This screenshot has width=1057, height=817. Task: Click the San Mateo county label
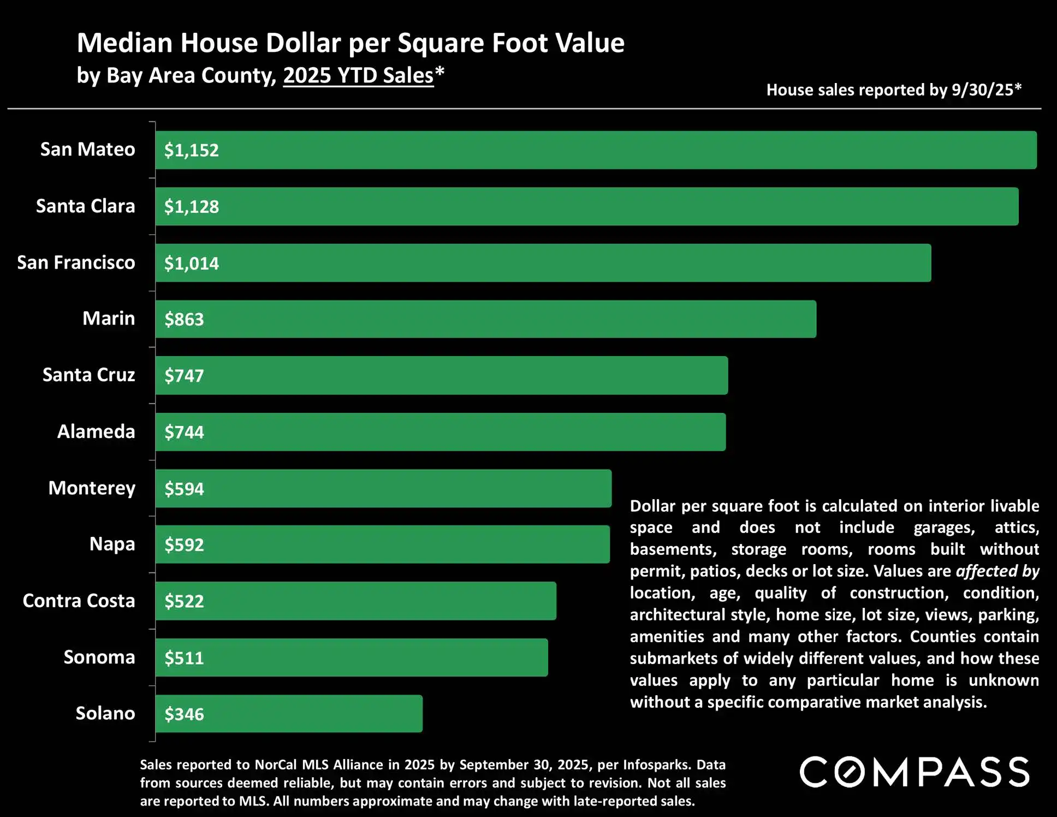pyautogui.click(x=87, y=149)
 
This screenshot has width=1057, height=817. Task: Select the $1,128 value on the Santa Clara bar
pyautogui.click(x=191, y=207)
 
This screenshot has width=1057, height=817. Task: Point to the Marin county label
pyautogui.click(x=108, y=318)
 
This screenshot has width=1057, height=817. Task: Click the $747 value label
pyautogui.click(x=184, y=376)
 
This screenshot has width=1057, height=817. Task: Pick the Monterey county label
pyautogui.click(x=92, y=488)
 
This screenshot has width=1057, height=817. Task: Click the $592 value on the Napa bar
pyautogui.click(x=184, y=545)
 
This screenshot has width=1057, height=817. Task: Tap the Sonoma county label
pyautogui.click(x=99, y=657)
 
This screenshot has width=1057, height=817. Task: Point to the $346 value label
pyautogui.click(x=184, y=714)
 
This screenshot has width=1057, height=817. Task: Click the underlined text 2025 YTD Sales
pyautogui.click(x=358, y=75)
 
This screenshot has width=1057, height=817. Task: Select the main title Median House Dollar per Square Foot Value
pyautogui.click(x=351, y=43)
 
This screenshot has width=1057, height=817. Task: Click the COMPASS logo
pyautogui.click(x=915, y=772)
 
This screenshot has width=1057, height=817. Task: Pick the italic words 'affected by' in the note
pyautogui.click(x=997, y=571)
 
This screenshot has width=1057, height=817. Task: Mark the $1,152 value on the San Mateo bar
pyautogui.click(x=191, y=150)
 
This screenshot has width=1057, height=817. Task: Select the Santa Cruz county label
pyautogui.click(x=88, y=375)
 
